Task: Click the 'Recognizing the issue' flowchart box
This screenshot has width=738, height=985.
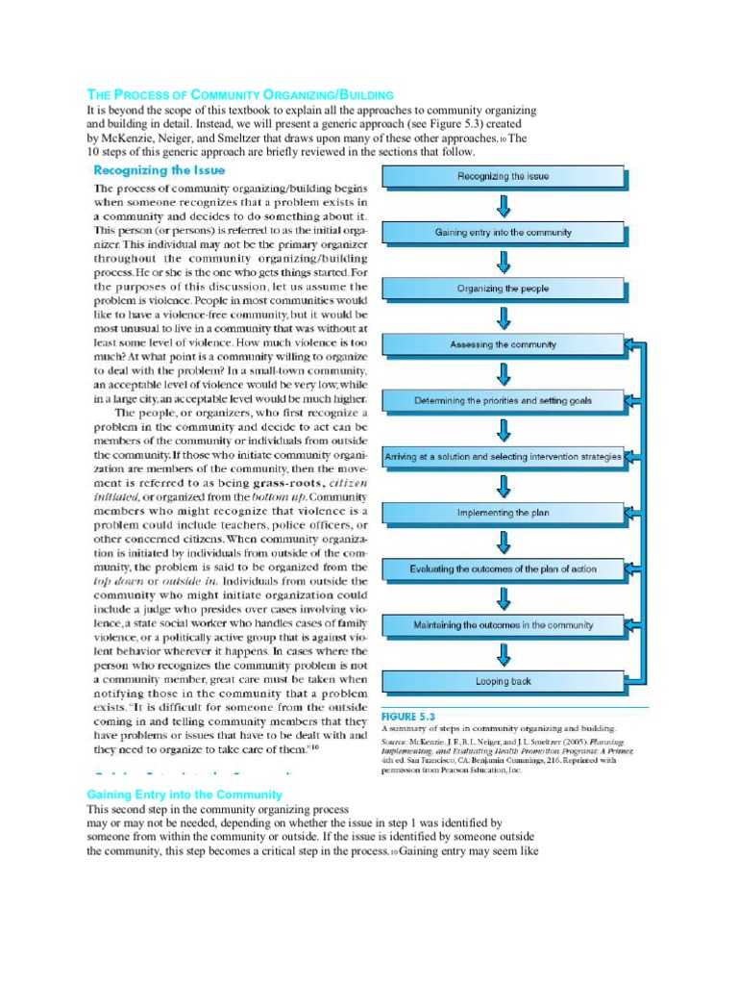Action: tap(503, 176)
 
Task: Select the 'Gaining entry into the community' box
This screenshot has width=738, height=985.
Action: tap(503, 232)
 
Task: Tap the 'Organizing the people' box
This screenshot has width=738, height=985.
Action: tap(503, 289)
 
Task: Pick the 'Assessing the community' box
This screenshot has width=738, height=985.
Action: tap(503, 344)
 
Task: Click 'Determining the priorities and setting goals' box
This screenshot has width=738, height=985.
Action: tap(503, 400)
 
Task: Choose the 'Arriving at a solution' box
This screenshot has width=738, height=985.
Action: tap(503, 457)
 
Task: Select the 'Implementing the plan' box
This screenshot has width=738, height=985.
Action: tap(503, 513)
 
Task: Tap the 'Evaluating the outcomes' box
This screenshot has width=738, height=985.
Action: tap(503, 568)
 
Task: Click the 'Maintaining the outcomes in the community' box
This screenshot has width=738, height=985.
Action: tap(503, 625)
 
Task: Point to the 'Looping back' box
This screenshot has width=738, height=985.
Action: tap(503, 681)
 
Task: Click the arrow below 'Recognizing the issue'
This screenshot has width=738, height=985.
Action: tap(503, 204)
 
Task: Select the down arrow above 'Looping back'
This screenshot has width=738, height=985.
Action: tap(503, 653)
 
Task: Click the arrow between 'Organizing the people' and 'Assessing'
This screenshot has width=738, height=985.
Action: tap(503, 316)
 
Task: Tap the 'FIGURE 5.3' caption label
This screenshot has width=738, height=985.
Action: tap(408, 717)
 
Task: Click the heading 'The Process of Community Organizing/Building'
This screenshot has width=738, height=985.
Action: tap(240, 95)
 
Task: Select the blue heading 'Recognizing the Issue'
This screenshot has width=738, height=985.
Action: tap(159, 170)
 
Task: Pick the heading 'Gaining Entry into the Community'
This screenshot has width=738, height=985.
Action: tap(184, 795)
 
